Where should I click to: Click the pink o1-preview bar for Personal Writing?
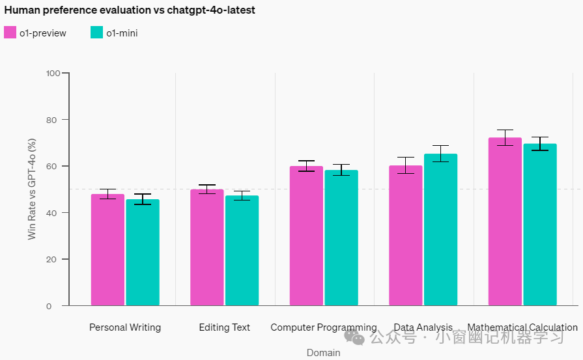107,250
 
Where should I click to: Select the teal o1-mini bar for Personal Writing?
143,252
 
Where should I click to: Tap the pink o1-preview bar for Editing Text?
206,247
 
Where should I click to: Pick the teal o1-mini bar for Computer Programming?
341,238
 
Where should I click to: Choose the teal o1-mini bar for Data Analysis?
440,230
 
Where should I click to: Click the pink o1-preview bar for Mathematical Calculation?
505,221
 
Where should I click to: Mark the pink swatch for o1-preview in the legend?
10,33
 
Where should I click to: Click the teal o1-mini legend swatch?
96,33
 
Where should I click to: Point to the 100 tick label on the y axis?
53,73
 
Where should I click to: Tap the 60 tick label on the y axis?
51,167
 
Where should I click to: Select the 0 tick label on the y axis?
49,306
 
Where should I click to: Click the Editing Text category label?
225,327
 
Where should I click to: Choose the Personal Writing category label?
125,327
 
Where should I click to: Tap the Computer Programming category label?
324,327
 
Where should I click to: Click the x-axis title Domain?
324,353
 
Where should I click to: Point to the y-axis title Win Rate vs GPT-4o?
32,189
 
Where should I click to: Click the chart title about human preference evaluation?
130,10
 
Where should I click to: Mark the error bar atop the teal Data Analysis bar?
440,154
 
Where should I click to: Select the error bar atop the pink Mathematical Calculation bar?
505,137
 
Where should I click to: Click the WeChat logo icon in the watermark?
354,337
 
